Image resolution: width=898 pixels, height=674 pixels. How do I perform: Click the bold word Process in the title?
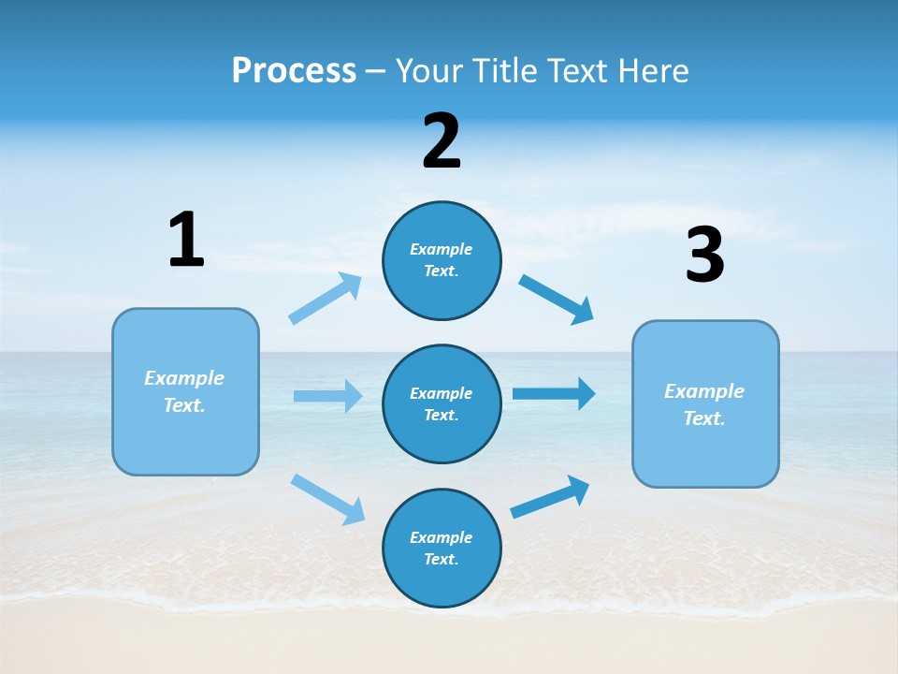tap(294, 70)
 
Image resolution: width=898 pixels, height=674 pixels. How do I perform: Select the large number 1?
tap(186, 240)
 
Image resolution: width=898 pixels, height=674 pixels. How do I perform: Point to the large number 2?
tap(442, 141)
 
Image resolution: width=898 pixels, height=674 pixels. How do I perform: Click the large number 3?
tap(704, 256)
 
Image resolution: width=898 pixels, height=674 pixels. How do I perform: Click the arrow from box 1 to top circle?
tap(325, 299)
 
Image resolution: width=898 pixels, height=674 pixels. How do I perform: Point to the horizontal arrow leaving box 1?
tap(327, 396)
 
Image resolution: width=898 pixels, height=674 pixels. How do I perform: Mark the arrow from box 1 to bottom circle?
tap(327, 499)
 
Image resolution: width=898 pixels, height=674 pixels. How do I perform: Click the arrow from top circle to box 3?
tap(556, 299)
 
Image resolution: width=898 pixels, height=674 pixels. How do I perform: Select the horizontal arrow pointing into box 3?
tap(554, 393)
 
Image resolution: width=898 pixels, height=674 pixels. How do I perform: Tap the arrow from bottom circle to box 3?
tap(550, 497)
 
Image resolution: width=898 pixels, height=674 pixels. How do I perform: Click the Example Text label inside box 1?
tap(184, 391)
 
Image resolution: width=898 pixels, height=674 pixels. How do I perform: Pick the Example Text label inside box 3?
tap(704, 404)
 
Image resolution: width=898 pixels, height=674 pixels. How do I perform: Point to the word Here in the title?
tap(655, 70)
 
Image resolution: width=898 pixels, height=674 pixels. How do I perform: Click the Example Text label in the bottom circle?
tap(441, 549)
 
